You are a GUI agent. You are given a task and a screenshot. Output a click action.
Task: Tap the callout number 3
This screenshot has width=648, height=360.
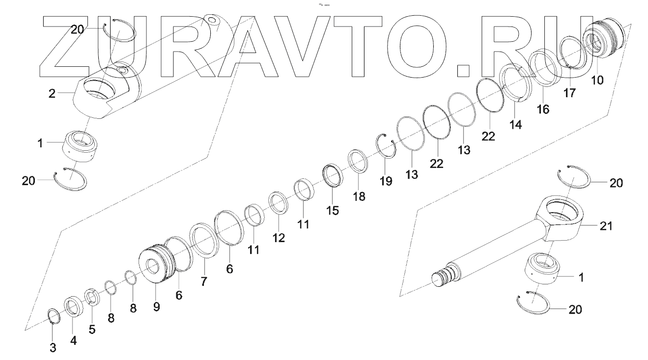pyautogui.click(x=53, y=348)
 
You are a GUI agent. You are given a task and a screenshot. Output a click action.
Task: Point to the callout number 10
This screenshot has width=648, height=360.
pyautogui.click(x=597, y=80)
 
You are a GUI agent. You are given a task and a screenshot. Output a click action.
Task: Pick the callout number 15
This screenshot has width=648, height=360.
pyautogui.click(x=333, y=211)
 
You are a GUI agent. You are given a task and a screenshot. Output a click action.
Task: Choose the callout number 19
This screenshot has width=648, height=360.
pyautogui.click(x=386, y=181)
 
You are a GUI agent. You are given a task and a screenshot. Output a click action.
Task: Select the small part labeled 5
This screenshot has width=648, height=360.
pyautogui.click(x=92, y=298)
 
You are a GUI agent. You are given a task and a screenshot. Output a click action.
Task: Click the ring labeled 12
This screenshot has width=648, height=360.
pyautogui.click(x=278, y=203)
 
